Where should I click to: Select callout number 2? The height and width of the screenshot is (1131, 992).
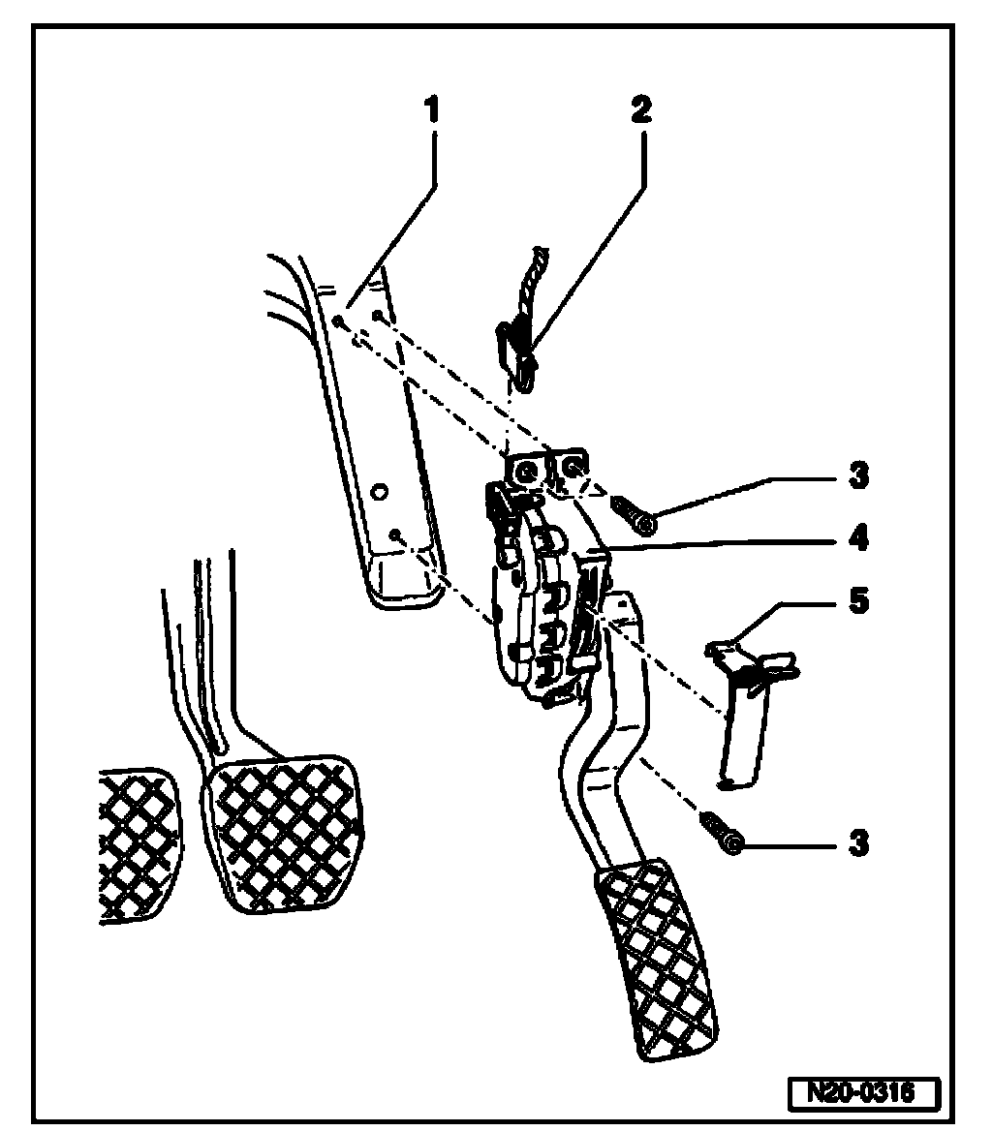pyautogui.click(x=639, y=109)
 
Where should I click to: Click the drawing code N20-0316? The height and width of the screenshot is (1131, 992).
pyautogui.click(x=861, y=1093)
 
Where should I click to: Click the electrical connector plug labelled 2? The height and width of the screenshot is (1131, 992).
pyautogui.click(x=518, y=353)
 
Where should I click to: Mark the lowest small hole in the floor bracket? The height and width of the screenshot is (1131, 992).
pyautogui.click(x=395, y=534)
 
